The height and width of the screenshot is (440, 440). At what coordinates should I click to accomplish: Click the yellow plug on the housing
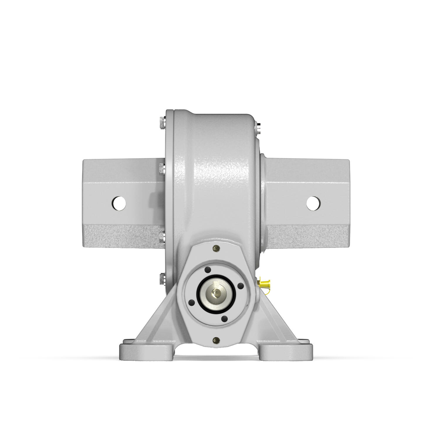pyautogui.click(x=265, y=283)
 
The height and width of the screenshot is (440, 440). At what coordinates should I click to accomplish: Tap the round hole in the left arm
pyautogui.click(x=119, y=203)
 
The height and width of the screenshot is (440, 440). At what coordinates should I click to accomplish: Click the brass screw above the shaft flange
pyautogui.click(x=216, y=248)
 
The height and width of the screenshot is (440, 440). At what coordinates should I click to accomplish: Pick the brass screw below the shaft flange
pyautogui.click(x=216, y=340)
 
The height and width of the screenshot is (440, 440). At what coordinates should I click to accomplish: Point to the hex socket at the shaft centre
pyautogui.click(x=217, y=293)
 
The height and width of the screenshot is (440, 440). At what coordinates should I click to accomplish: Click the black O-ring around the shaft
pyautogui.click(x=199, y=293)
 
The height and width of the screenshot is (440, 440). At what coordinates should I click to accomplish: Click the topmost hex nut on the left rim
pyautogui.click(x=162, y=123)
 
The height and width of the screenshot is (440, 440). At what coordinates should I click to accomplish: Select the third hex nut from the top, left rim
pyautogui.click(x=162, y=237)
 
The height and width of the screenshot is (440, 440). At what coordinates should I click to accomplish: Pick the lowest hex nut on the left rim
pyautogui.click(x=162, y=278)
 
